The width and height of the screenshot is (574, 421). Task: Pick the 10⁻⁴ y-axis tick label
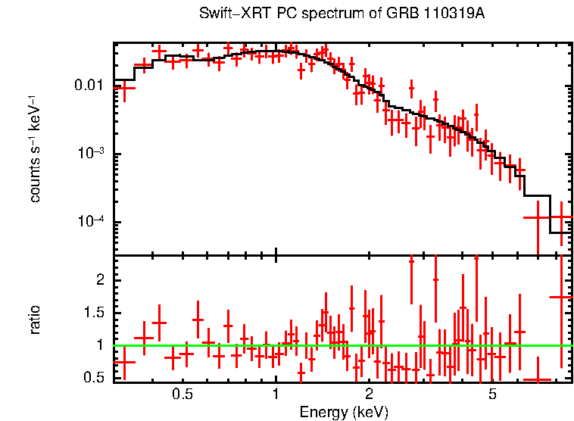pyautogui.click(x=92, y=222)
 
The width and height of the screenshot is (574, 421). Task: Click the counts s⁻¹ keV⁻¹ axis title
pyautogui.click(x=35, y=148)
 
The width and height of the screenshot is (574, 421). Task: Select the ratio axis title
pyautogui.click(x=35, y=320)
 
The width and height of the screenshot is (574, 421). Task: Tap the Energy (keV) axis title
pyautogui.click(x=344, y=413)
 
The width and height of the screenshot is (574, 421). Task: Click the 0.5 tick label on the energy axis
pyautogui.click(x=182, y=394)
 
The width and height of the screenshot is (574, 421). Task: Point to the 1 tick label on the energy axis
pyautogui.click(x=276, y=394)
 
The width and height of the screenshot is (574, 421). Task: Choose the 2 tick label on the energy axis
pyautogui.click(x=369, y=394)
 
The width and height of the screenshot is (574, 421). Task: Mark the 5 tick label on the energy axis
pyautogui.click(x=492, y=394)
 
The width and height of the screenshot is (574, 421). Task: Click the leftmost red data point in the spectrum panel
pyautogui.click(x=124, y=88)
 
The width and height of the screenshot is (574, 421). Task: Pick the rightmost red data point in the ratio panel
pyautogui.click(x=561, y=297)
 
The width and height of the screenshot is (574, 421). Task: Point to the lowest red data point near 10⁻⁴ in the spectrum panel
pyautogui.click(x=538, y=218)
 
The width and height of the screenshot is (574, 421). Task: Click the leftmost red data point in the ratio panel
pyautogui.click(x=124, y=362)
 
